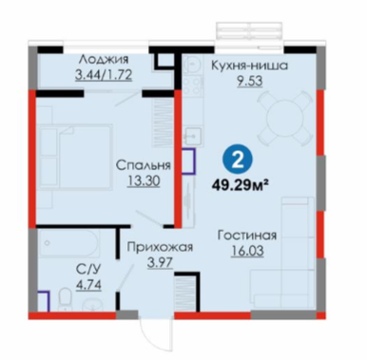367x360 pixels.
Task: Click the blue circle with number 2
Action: pos(238,161)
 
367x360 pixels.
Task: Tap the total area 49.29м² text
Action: pos(238,184)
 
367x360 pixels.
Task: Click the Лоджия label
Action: pos(104,60)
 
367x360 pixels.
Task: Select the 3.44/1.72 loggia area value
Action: pos(104,75)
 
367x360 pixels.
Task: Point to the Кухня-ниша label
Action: pos(249,66)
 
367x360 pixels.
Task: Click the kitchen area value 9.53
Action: pos(249,81)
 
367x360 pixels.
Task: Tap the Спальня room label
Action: pos(144,165)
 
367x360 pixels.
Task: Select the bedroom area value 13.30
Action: pos(144,181)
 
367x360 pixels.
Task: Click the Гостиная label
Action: pos(247,236)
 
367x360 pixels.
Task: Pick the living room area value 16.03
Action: pos(247,251)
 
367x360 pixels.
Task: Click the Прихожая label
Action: pos(160,247)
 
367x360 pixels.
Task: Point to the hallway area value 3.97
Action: pos(160,263)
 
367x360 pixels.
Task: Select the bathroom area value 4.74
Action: pos(88,285)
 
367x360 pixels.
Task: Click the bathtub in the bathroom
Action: pos(68,243)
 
